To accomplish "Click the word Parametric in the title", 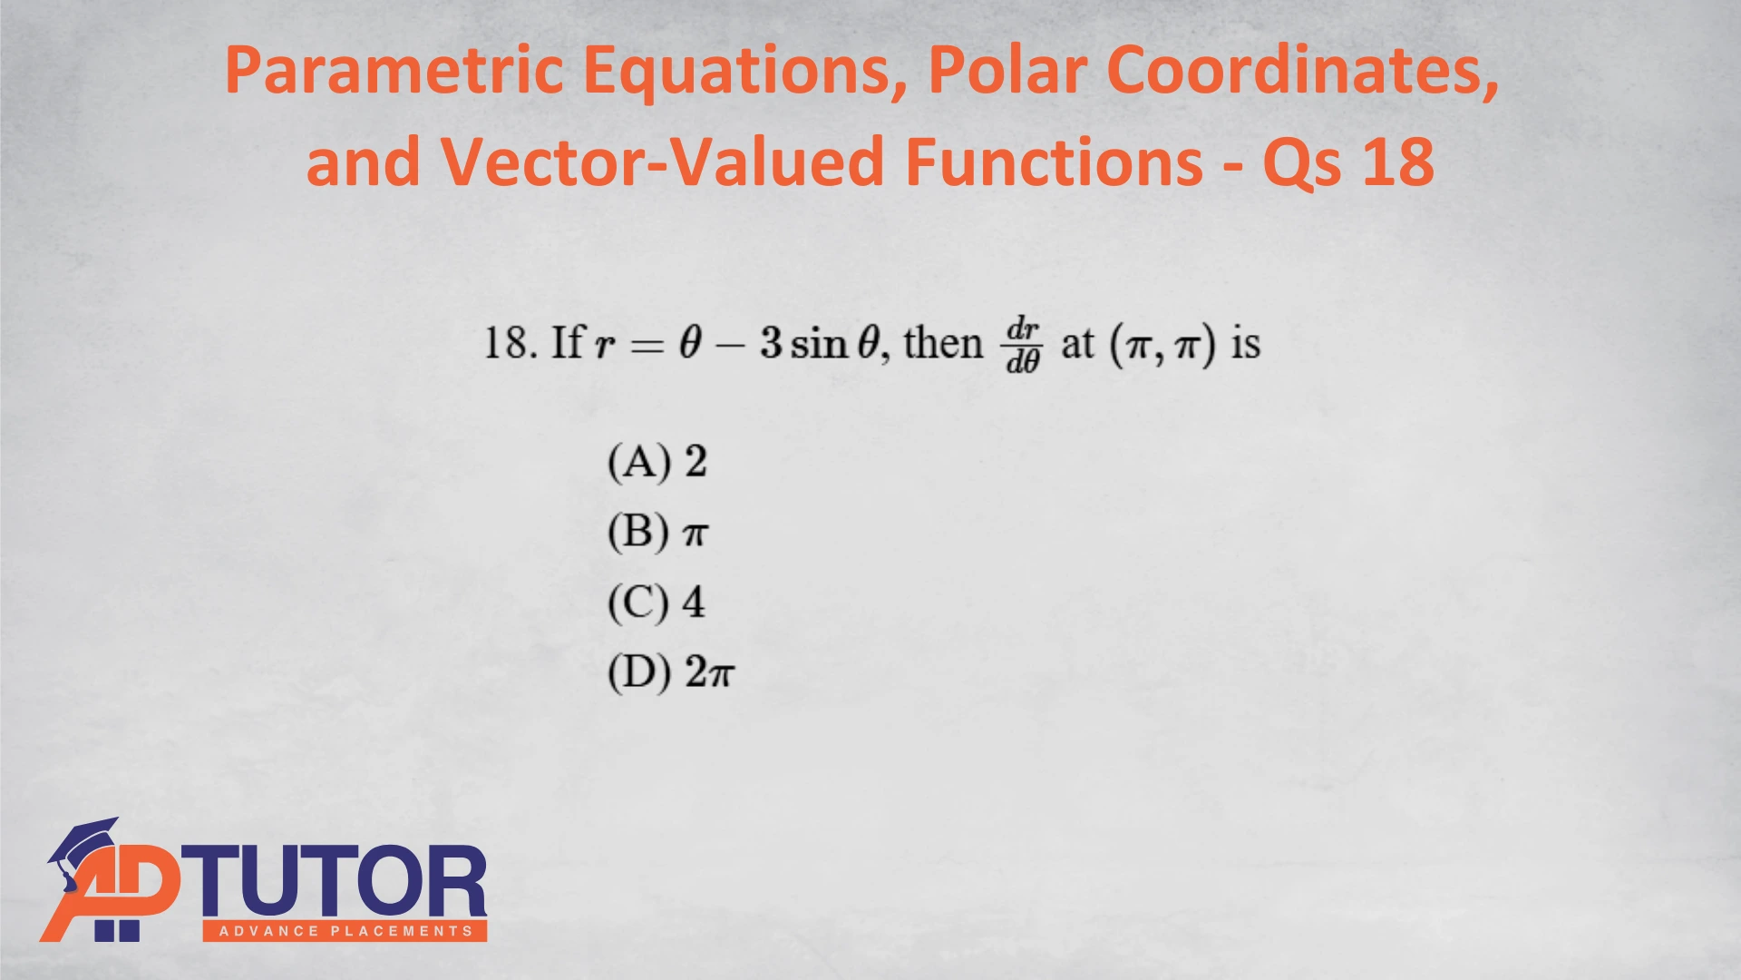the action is (x=394, y=71).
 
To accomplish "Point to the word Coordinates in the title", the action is (x=1303, y=71).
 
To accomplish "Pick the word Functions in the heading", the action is (x=1055, y=161).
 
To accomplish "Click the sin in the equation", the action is (x=819, y=343).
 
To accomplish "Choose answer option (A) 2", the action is (x=657, y=462).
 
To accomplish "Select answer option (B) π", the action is (x=657, y=532).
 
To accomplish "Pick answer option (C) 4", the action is (x=657, y=602).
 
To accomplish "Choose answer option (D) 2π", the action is (x=671, y=672).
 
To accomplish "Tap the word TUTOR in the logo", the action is (x=333, y=881).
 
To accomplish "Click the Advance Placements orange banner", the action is (x=345, y=931).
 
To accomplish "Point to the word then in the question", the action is (x=943, y=343).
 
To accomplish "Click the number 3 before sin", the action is (x=771, y=343).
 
